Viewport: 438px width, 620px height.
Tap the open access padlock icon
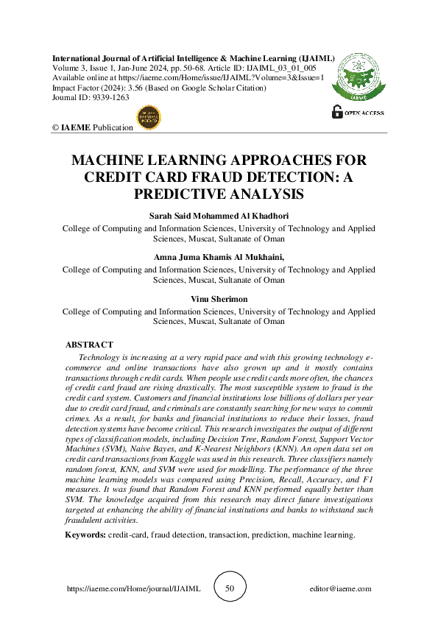(x=338, y=112)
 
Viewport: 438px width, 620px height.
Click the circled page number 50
(x=229, y=589)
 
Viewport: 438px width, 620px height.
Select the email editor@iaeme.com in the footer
(x=341, y=589)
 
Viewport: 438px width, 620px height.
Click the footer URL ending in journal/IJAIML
(x=133, y=589)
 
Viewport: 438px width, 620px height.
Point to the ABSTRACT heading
(x=89, y=345)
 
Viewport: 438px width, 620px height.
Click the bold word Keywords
(x=85, y=515)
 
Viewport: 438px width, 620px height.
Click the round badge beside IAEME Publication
(x=149, y=117)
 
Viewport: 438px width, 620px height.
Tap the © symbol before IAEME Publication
(x=55, y=127)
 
